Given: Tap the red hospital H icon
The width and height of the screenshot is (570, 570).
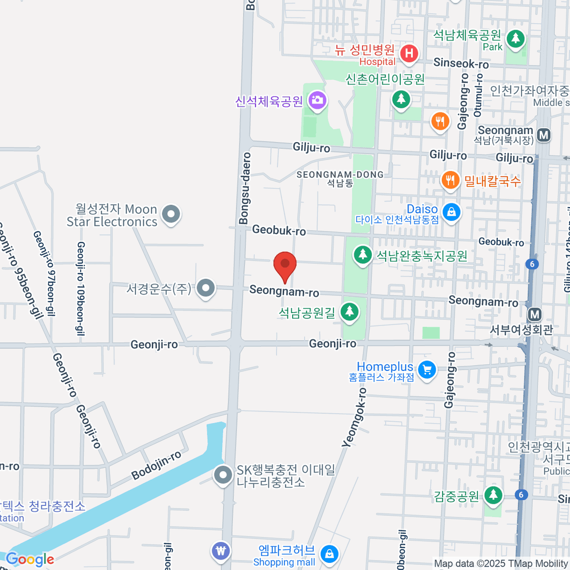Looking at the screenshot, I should point(408,53).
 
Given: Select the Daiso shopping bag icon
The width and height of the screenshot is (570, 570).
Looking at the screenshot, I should point(451,211).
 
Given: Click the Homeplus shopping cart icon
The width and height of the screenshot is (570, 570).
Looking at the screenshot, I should point(427,369).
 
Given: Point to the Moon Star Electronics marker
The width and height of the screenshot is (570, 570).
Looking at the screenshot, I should point(171,214).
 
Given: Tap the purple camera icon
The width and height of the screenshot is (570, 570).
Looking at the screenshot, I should point(317,100).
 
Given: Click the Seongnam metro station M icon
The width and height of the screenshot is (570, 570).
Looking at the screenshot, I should point(544,135).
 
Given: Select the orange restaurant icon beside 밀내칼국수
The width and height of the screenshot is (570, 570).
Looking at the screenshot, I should point(450,180).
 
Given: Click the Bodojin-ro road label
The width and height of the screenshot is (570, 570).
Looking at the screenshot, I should point(156,465).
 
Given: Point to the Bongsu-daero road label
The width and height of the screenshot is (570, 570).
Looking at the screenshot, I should point(245,188).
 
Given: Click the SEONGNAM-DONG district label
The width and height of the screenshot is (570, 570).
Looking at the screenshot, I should point(340,175).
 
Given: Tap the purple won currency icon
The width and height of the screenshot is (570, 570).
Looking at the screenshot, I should point(221,551).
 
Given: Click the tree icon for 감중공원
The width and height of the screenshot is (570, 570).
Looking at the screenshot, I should point(494,495).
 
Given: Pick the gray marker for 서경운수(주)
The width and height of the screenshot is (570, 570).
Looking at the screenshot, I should point(206,288).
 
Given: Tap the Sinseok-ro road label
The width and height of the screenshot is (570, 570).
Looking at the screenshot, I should point(461,64).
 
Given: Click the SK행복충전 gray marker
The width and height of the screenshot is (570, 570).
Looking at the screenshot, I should point(222,475).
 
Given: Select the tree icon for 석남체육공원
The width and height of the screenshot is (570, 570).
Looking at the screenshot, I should point(515,38).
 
